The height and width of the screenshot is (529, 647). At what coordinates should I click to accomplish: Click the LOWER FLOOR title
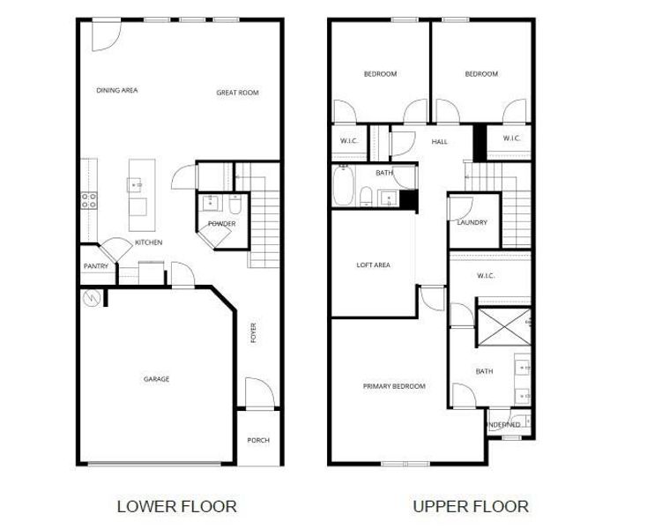(x=176, y=506)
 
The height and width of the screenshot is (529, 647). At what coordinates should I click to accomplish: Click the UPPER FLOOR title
(x=471, y=506)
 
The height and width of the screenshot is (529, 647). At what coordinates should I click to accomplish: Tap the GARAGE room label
(x=157, y=379)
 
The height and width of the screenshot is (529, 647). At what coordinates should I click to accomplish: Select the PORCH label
(x=258, y=440)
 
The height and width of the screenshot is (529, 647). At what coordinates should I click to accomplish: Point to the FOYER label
(x=254, y=332)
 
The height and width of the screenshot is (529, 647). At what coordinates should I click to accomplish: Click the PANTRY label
(x=95, y=266)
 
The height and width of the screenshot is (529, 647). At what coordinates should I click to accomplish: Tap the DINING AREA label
(x=117, y=90)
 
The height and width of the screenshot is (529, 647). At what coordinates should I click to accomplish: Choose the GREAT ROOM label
(x=237, y=93)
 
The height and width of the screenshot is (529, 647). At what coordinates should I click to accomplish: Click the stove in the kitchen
(x=89, y=200)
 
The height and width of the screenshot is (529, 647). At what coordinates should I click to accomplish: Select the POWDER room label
(x=221, y=224)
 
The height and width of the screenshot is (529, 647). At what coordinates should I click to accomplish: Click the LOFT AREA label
(x=373, y=264)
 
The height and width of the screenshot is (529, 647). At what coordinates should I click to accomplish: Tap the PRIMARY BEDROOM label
(x=394, y=386)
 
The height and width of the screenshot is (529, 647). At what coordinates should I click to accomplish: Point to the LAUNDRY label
(x=472, y=222)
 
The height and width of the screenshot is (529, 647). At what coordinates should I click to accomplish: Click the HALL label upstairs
(x=440, y=142)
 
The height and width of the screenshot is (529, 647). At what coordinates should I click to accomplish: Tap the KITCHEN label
(x=148, y=242)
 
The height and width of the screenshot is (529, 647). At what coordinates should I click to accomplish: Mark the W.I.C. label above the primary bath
(x=486, y=276)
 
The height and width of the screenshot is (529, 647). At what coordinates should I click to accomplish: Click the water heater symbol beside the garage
(x=92, y=299)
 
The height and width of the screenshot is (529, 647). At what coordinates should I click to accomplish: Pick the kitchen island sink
(x=136, y=185)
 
